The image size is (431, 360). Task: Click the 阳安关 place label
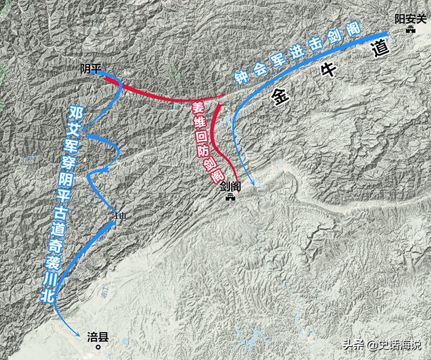409,20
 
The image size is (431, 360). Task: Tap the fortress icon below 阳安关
409,31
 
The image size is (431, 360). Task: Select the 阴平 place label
90,68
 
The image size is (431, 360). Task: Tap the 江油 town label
117,214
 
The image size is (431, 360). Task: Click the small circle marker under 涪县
99,348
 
